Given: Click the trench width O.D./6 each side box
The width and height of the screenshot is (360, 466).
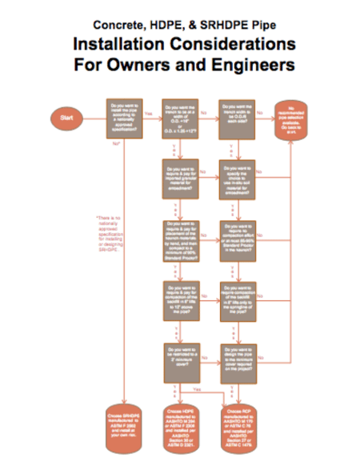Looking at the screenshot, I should (239, 118).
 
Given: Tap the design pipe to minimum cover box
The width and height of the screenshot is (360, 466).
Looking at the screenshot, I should (239, 355).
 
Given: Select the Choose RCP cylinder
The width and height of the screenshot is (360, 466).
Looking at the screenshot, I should (239, 422).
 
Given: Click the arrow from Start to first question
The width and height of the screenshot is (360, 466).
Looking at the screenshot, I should (96, 118).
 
